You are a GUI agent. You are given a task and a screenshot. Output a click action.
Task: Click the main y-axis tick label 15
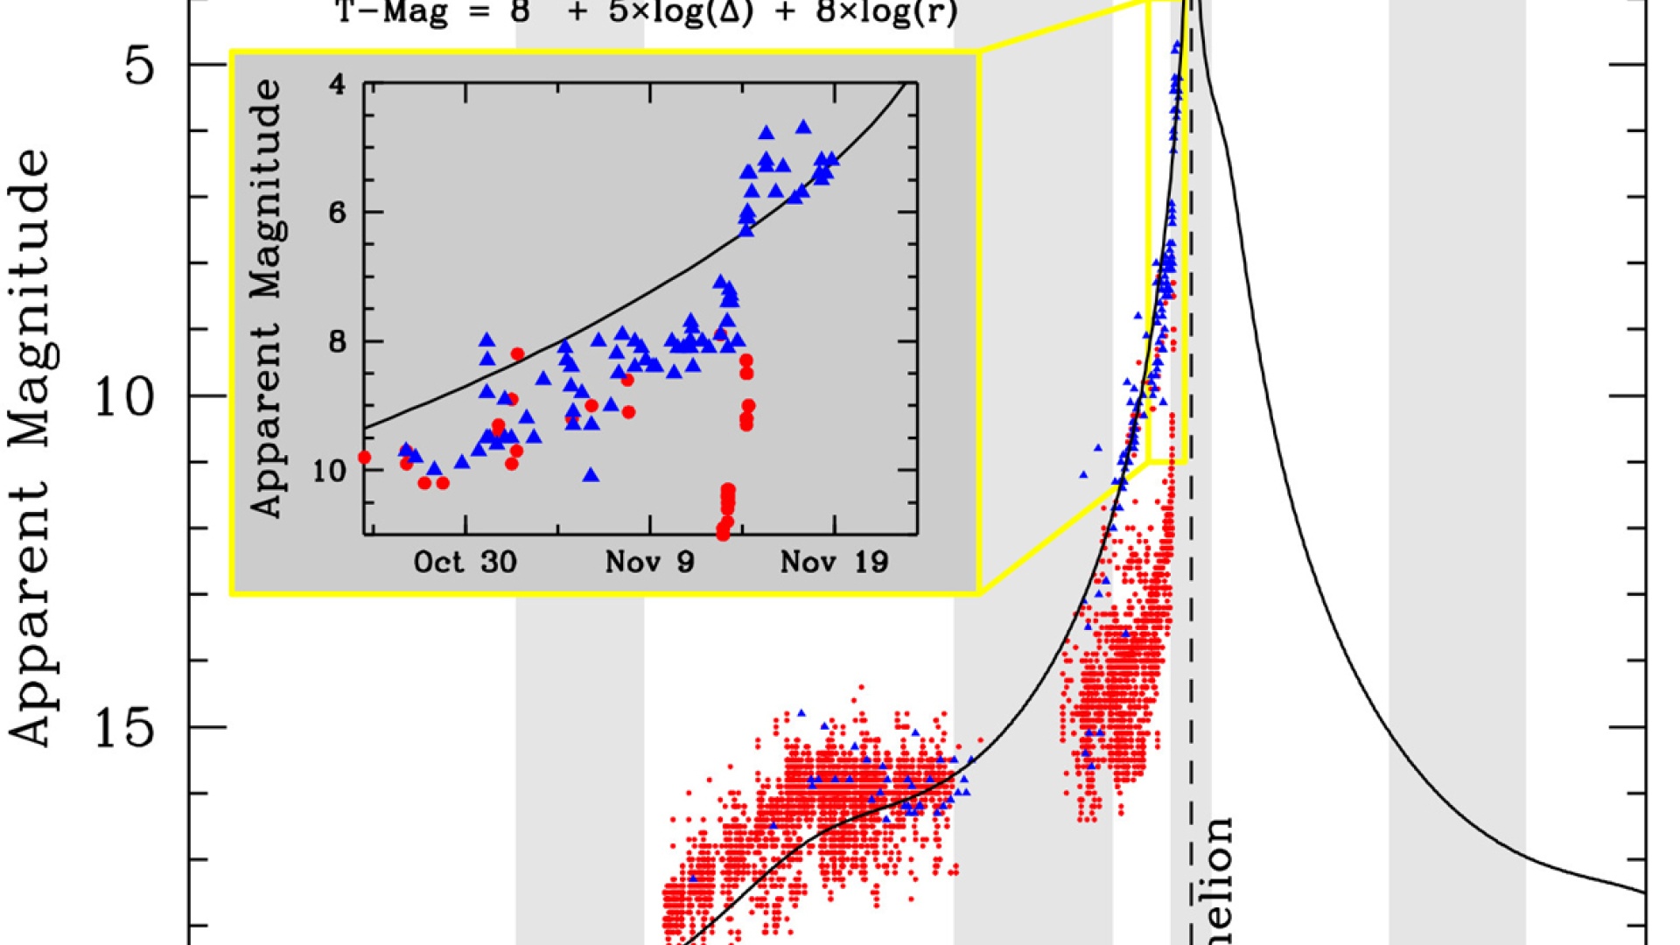point(123,727)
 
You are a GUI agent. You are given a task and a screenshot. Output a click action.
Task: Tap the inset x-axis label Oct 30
point(465,562)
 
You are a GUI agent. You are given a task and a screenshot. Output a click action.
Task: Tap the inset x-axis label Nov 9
point(649,562)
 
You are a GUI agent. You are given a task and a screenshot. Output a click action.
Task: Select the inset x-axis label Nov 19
point(834,562)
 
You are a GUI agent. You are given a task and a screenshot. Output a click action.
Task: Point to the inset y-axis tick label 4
point(337,86)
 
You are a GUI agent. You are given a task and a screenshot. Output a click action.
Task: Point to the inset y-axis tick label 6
point(337,213)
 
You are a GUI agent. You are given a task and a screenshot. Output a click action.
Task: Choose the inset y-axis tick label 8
point(337,341)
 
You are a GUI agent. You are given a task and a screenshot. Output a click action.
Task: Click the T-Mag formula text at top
point(647,13)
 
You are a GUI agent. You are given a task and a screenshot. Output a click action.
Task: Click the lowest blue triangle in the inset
point(591,475)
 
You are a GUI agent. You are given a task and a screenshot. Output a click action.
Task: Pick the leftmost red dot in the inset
point(365,458)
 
